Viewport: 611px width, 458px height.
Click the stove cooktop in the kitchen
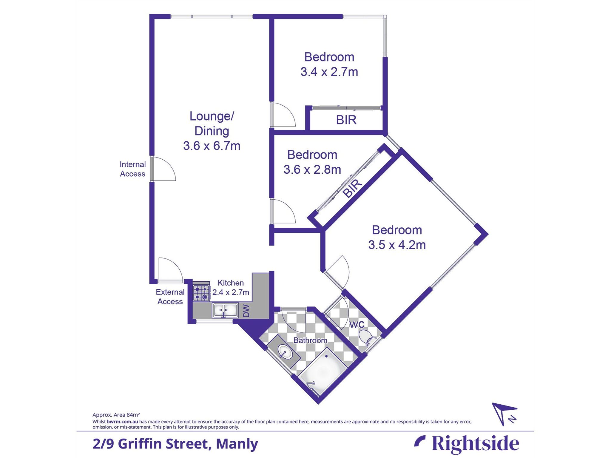201,293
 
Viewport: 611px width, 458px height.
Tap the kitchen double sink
225,310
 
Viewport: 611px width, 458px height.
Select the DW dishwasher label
246,311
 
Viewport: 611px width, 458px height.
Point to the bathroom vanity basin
285,351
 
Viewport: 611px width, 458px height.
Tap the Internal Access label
132,169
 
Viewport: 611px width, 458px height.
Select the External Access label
170,297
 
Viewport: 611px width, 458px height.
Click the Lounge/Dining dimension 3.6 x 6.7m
212,146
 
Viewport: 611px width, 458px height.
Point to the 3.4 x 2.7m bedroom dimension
329,72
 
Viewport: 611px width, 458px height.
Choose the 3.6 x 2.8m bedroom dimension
312,170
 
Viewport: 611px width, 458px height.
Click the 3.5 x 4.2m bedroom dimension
397,245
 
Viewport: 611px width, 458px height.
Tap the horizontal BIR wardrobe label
346,120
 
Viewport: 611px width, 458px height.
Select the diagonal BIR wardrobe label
352,189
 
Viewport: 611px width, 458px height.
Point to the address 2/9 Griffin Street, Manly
175,444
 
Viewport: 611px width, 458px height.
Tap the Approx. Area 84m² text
116,415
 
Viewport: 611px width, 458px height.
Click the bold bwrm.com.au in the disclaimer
122,422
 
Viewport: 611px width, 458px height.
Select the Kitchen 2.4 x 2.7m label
231,288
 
